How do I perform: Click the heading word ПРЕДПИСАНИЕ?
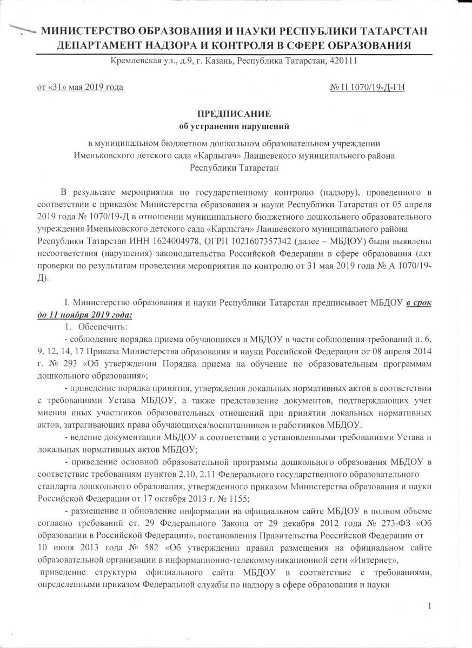pyautogui.click(x=235, y=114)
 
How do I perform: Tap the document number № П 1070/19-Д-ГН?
pyautogui.click(x=367, y=87)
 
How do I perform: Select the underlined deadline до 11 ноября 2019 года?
pyautogui.click(x=85, y=314)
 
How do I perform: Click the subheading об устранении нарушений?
pyautogui.click(x=235, y=127)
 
